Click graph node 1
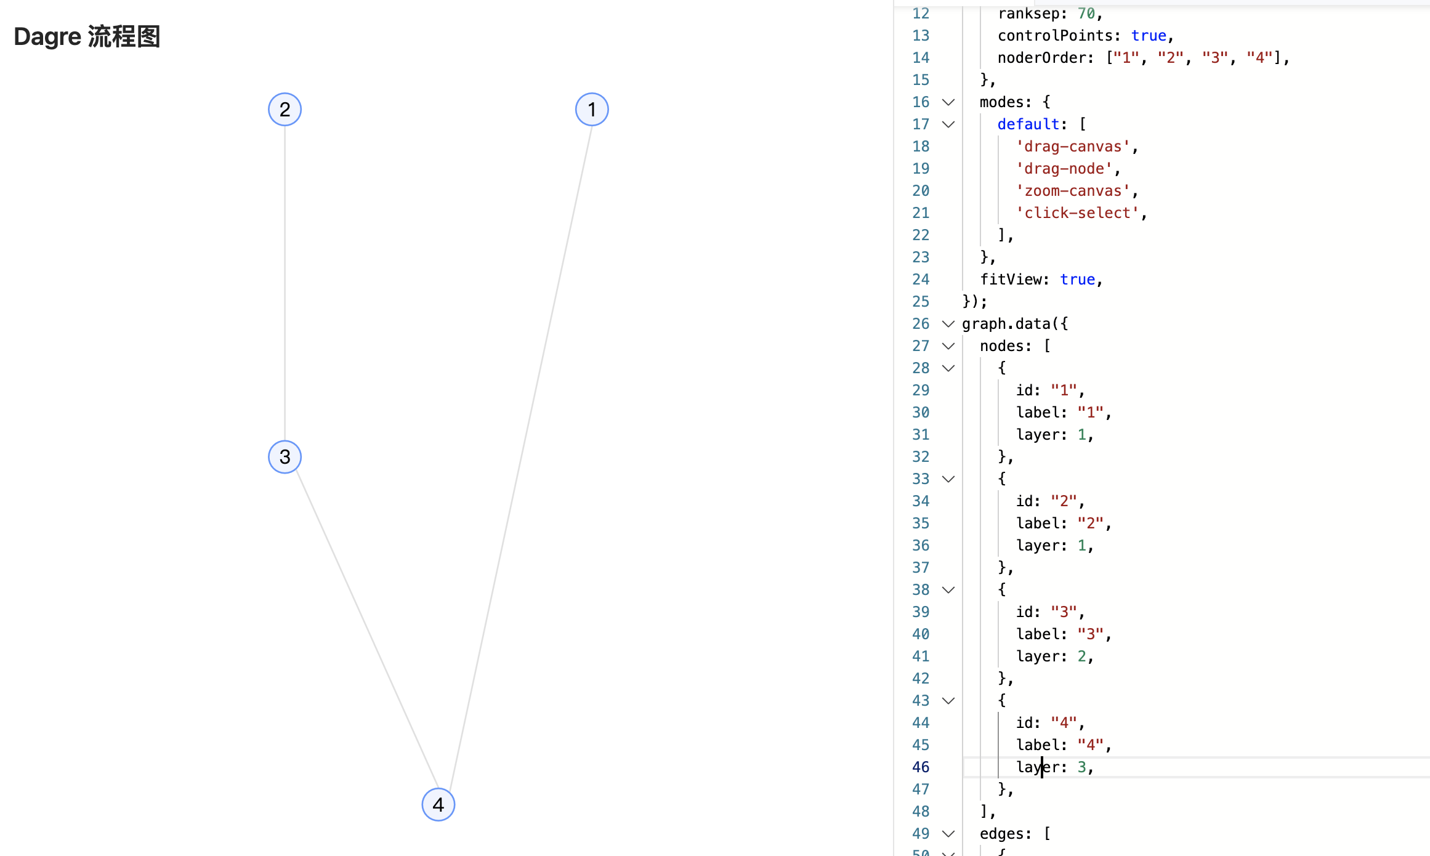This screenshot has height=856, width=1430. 592,110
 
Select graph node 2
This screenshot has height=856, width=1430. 285,110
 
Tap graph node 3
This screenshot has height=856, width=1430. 285,457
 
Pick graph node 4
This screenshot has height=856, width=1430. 438,804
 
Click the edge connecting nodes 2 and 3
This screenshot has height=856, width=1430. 285,283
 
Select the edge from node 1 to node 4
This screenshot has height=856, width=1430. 521,457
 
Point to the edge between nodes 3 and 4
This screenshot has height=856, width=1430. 367,631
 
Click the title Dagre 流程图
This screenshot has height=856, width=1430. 87,37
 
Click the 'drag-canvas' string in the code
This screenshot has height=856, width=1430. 1073,147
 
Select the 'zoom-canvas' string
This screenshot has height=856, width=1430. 1073,191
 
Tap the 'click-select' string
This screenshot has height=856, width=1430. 1078,213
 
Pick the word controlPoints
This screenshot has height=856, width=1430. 1055,36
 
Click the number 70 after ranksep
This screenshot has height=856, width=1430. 1086,14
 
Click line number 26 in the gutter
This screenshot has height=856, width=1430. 920,324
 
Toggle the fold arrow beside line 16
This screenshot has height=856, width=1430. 948,102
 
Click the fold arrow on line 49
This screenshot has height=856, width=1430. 948,834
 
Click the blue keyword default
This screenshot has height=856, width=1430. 1028,124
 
